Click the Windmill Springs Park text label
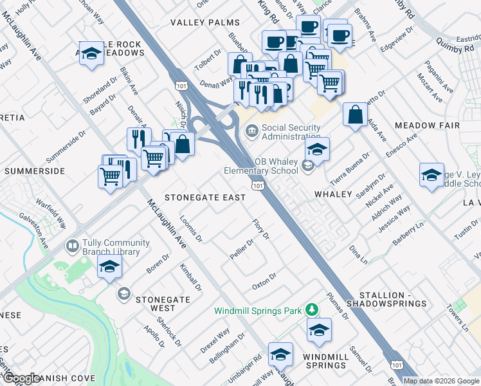pyautogui.click(x=258, y=311)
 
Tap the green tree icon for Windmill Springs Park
pyautogui.click(x=312, y=310)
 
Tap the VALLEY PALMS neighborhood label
pyautogui.click(x=204, y=23)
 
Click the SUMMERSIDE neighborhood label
pyautogui.click(x=35, y=171)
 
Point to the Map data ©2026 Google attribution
pyautogui.click(x=441, y=381)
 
